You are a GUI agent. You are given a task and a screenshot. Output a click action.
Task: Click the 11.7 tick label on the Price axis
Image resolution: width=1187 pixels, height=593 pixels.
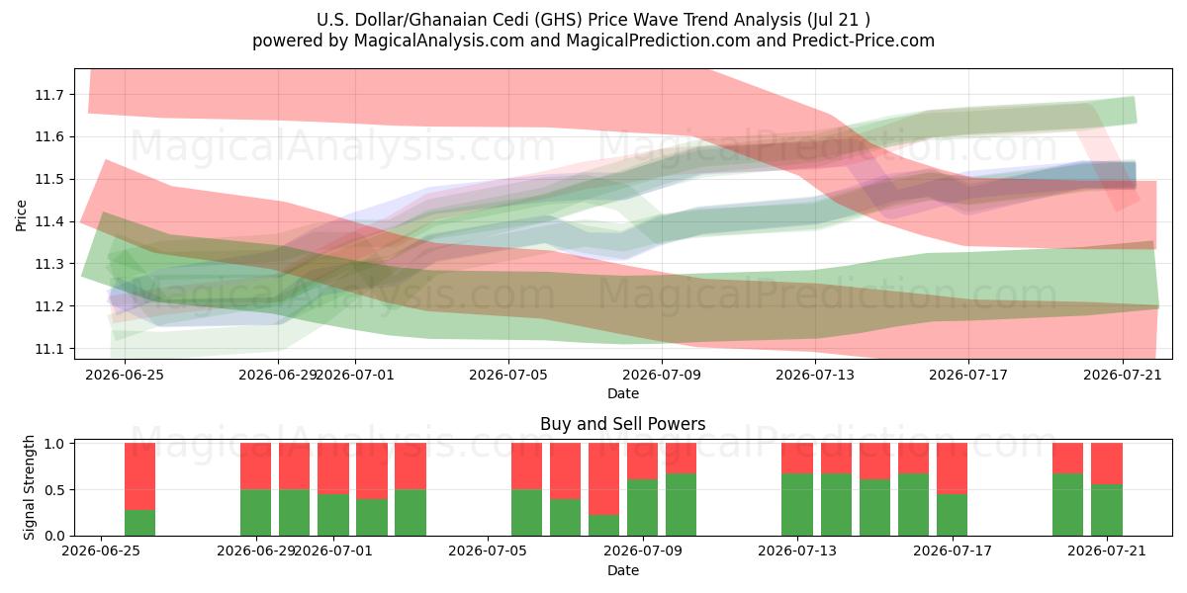tap(48, 95)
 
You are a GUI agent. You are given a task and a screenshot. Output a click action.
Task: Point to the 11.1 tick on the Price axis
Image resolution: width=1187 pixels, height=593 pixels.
tap(48, 349)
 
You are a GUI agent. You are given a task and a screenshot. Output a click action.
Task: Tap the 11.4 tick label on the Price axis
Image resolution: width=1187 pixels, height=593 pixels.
tap(48, 221)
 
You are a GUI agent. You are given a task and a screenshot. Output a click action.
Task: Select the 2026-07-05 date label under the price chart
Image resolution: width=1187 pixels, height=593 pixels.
tap(508, 375)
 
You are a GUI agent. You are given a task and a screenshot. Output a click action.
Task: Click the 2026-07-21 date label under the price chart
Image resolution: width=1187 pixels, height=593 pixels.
tap(1123, 375)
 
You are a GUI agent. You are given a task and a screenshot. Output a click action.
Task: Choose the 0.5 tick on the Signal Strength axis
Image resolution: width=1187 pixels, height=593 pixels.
tap(54, 490)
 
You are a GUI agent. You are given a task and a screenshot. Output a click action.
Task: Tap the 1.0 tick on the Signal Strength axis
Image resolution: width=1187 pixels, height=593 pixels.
tap(54, 444)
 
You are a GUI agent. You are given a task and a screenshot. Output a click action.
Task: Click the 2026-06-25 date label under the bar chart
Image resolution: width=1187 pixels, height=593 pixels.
tap(101, 551)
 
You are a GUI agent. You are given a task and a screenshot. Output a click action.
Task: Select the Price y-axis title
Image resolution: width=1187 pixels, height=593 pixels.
tap(21, 215)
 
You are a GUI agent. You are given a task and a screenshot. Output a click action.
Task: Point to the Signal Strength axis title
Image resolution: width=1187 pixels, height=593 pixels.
tap(29, 487)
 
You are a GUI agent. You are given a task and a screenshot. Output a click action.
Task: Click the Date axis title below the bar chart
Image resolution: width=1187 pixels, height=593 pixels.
tap(622, 570)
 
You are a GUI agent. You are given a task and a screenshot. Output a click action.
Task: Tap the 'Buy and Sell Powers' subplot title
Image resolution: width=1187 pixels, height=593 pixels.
tap(622, 424)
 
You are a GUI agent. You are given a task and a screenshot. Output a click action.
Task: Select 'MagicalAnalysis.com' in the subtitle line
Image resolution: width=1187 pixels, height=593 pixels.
tap(439, 41)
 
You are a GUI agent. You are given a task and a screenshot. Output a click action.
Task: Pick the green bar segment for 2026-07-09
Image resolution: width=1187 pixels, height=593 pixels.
tap(642, 507)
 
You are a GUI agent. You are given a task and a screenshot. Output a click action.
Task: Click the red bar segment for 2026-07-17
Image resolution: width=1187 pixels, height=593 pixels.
tap(952, 468)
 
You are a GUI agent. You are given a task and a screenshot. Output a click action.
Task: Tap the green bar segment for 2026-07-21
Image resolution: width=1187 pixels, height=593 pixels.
tap(1107, 510)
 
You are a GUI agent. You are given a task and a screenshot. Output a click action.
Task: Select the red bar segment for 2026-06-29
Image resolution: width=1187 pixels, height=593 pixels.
tap(255, 466)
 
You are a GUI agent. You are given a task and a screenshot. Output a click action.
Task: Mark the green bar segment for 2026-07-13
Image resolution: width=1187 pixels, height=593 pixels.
tap(797, 505)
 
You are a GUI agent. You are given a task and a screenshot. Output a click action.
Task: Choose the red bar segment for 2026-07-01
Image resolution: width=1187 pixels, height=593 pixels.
tap(332, 468)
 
